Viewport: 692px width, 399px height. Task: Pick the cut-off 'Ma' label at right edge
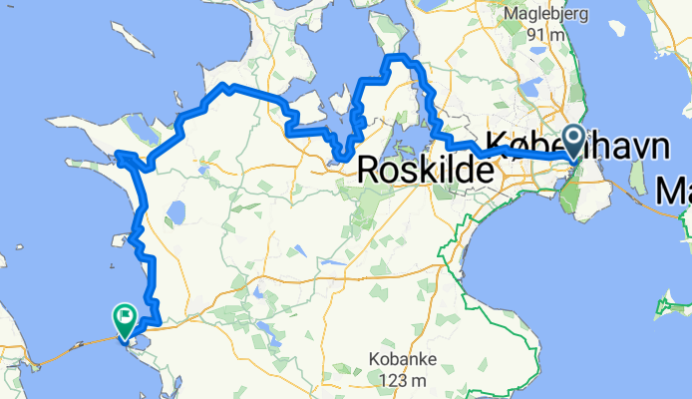675,187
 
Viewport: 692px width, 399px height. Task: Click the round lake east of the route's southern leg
176,212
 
